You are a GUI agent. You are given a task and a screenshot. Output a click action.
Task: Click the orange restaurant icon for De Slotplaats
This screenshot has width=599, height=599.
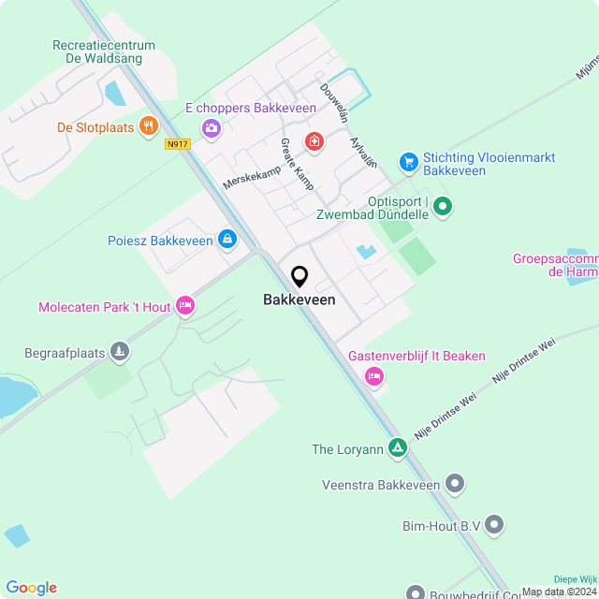point(147,126)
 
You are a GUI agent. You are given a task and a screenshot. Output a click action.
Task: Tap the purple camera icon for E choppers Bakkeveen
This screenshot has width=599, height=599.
point(212,127)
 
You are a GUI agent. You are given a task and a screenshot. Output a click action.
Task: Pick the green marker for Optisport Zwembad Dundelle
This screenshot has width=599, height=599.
point(444,206)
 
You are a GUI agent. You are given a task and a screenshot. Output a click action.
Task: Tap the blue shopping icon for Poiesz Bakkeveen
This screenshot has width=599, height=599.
point(227,240)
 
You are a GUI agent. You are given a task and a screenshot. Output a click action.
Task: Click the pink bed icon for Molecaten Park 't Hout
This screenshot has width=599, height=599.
point(185,305)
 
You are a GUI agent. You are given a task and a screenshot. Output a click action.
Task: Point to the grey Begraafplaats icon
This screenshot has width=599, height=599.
point(119,352)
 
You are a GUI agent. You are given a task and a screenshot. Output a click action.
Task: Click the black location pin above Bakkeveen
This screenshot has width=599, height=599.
point(299,277)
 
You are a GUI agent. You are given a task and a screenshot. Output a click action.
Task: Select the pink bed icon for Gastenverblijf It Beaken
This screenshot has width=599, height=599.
point(374,376)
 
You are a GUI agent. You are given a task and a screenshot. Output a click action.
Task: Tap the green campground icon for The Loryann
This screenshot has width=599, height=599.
point(399,448)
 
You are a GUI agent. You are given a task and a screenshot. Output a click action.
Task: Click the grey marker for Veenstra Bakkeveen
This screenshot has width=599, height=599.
point(455,483)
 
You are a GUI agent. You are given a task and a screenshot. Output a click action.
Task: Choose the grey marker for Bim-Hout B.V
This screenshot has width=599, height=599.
point(495,525)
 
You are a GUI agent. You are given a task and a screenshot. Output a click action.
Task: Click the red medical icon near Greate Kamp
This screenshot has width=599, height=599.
point(314,141)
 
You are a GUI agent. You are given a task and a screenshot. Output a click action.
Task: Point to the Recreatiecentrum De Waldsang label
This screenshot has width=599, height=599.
point(104,51)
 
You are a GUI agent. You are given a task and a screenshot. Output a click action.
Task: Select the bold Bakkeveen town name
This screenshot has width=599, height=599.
point(299,300)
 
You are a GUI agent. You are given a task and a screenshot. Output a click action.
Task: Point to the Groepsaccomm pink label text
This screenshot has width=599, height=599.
point(556,258)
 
